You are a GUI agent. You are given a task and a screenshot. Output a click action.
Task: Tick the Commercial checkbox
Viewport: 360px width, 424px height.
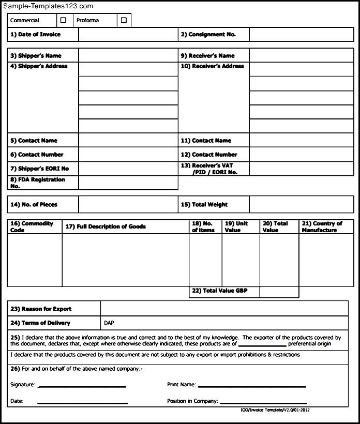[64, 20]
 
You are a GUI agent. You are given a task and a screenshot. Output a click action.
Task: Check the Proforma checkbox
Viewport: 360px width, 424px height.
[124, 20]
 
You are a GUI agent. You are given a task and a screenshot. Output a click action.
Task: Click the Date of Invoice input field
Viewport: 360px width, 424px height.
[128, 35]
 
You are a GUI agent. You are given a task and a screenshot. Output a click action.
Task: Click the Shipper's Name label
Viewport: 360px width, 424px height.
[36, 56]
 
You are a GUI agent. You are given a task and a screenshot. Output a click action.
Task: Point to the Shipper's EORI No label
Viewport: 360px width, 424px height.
[39, 169]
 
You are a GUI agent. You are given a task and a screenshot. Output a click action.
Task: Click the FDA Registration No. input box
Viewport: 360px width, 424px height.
[128, 183]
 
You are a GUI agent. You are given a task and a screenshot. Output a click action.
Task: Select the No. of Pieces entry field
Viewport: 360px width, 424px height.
[128, 204]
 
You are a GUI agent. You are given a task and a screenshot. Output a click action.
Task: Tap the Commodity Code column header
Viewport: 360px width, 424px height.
[32, 227]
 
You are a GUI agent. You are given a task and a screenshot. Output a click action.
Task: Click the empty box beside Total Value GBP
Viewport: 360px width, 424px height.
[279, 292]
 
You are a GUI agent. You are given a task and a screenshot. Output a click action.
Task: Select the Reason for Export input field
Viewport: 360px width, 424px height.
[224, 309]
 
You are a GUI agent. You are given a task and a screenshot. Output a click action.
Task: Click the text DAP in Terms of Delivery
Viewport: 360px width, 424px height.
[109, 323]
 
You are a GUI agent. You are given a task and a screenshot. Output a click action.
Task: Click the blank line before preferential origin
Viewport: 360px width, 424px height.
[262, 344]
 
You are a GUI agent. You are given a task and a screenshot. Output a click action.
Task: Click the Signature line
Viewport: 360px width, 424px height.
[82, 385]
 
